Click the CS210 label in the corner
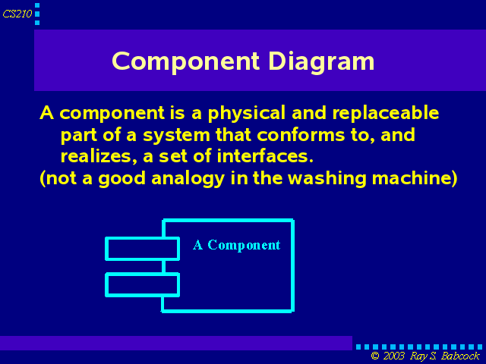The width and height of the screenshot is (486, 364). (17, 14)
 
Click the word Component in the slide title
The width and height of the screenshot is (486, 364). (185, 62)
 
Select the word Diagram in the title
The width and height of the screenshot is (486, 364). (321, 62)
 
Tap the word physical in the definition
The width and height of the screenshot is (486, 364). (246, 113)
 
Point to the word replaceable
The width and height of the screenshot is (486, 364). (386, 113)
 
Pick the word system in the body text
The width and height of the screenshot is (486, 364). (176, 136)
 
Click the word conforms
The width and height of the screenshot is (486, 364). (301, 135)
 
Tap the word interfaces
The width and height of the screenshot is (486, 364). (265, 155)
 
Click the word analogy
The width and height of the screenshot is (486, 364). (188, 179)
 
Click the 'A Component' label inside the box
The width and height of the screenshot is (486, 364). (236, 245)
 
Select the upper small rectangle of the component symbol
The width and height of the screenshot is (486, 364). (142, 249)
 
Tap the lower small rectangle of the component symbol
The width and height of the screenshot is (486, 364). (142, 285)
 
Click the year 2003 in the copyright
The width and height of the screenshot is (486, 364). (393, 356)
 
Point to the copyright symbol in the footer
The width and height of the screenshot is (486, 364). (375, 356)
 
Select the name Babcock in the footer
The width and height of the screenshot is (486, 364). (460, 356)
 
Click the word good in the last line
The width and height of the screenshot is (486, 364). (121, 179)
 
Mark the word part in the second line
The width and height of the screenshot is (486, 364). (79, 136)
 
